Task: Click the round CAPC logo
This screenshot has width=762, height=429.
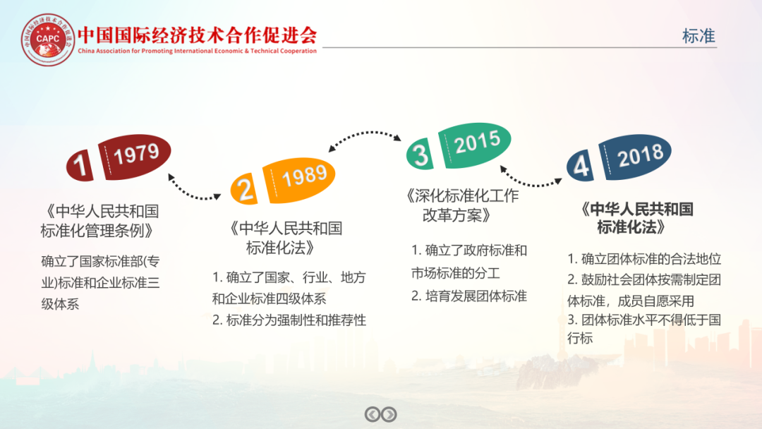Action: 48,40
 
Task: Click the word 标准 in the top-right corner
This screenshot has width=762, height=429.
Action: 698,36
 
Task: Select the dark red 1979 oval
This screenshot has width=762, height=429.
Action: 135,157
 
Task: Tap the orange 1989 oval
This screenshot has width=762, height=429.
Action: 299,179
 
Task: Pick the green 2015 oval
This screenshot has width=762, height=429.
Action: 475,145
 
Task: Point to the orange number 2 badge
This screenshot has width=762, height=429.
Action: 244,188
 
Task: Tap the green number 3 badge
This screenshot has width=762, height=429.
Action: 421,154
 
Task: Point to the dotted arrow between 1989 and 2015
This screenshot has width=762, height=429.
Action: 365,136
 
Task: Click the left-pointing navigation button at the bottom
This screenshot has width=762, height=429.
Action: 373,414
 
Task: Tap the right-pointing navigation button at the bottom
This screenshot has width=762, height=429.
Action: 389,414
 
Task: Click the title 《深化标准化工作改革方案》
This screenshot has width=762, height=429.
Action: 462,205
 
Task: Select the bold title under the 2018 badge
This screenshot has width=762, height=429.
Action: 637,218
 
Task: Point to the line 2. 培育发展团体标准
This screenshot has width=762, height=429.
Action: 469,296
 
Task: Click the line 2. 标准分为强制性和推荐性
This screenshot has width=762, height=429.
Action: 289,320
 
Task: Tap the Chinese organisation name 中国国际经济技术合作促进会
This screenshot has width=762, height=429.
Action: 198,35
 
